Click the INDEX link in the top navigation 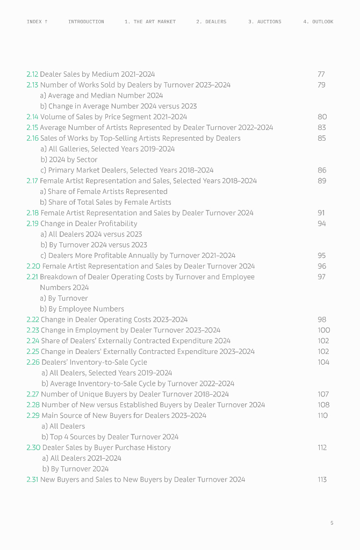pos(37,22)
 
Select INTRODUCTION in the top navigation pos(86,22)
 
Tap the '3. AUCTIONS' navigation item pos(264,22)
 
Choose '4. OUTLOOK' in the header pos(318,22)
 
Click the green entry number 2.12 pos(32,74)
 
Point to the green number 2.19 pos(32,223)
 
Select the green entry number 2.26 pos(33,362)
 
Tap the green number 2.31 pos(32,479)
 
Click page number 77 pos(321,74)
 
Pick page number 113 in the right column pos(322,479)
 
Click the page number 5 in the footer pos(332,523)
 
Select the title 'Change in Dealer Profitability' pos(89,223)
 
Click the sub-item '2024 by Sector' pos(73,160)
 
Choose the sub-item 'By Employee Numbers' pos(86,309)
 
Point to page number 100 pos(323,330)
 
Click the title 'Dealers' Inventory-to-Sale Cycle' pos(94,362)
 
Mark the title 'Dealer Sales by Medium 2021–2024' pos(97,74)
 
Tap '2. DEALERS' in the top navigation pos(211,22)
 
